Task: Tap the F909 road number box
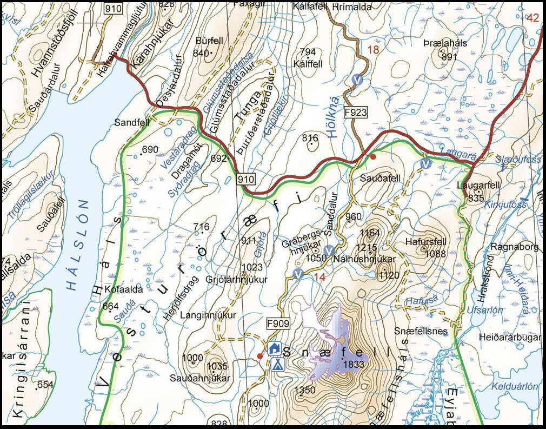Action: tap(278, 324)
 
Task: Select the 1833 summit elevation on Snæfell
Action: tap(354, 365)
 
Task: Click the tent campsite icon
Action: tap(277, 365)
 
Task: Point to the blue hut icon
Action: tap(274, 349)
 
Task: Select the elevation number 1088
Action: tap(435, 254)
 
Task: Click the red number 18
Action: tap(373, 50)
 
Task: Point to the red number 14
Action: tap(319, 276)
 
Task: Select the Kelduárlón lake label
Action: tap(514, 386)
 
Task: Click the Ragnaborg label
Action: tap(515, 247)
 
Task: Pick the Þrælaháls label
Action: tap(445, 43)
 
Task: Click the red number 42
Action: tap(532, 18)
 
